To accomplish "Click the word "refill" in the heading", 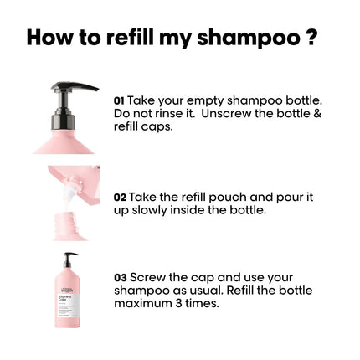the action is click(x=130, y=37).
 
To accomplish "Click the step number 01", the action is click(x=119, y=100).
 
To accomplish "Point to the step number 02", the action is click(x=120, y=198).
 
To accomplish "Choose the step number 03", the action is click(x=121, y=278).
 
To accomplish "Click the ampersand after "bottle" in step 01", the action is click(x=317, y=114).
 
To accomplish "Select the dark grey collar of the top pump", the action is click(x=64, y=121).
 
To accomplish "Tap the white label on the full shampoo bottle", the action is click(x=69, y=306).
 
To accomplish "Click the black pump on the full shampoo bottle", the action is click(x=69, y=260).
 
